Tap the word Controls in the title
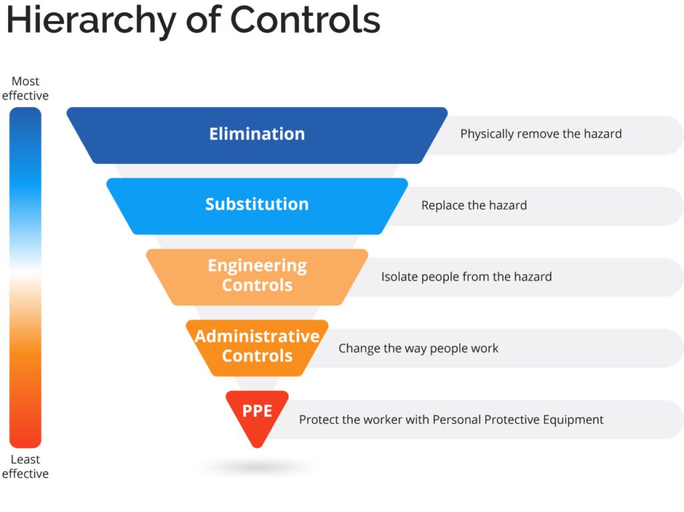pos(305,20)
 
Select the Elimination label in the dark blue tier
pos(256,134)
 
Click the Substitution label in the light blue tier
pos(256,204)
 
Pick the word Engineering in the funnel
pos(256,265)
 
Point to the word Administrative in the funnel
pos(256,336)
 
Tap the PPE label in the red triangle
pos(256,410)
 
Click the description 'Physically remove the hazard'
pos(540,134)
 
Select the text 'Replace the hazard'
pos(474,205)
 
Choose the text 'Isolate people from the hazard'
pos(466,277)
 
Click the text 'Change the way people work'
pos(418,348)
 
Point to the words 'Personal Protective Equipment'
pos(518,420)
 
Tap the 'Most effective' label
pos(25,88)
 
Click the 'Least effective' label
pos(25,467)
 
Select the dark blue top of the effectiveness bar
pos(25,120)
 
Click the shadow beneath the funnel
pos(256,467)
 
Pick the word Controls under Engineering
pos(256,285)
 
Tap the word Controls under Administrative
pos(256,356)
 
